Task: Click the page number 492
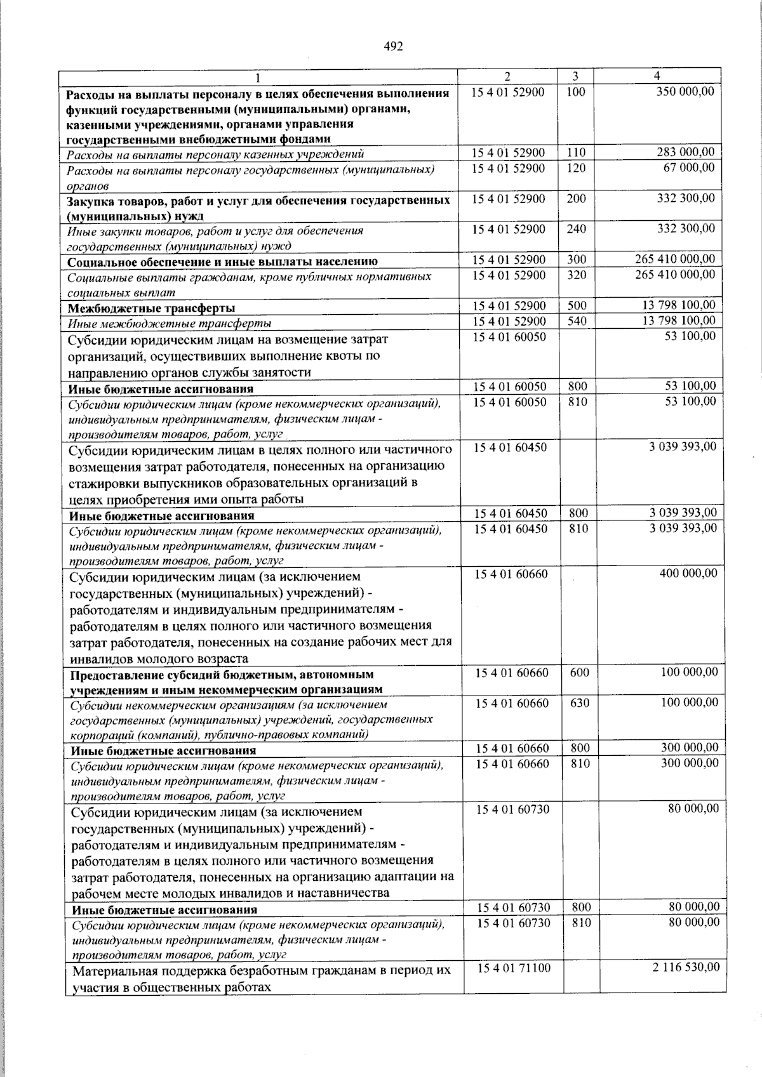tap(394, 46)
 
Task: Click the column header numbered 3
tap(574, 76)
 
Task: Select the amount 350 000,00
tap(685, 91)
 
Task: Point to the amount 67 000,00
tap(689, 168)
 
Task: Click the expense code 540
tap(577, 321)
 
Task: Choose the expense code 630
tap(579, 703)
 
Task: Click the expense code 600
tap(579, 672)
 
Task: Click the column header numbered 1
tap(258, 77)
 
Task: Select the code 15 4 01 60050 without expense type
tap(509, 336)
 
